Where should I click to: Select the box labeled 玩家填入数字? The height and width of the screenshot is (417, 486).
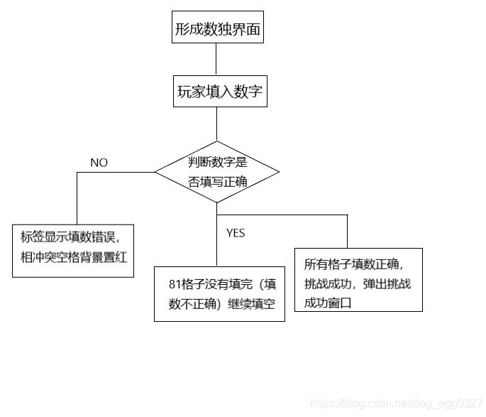220,92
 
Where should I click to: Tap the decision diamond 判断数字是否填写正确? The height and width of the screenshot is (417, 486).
217,172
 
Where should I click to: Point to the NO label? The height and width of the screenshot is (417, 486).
99,163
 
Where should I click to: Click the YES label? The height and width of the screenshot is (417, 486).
236,233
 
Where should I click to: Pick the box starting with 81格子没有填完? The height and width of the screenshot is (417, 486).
219,293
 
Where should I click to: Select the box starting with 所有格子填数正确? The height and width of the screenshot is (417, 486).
358,279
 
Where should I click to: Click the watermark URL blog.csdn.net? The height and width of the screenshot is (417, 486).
397,404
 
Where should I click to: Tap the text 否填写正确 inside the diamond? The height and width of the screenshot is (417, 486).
218,181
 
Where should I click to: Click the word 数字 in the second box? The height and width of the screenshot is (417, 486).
249,92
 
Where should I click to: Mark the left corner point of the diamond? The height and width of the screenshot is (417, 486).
155,172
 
